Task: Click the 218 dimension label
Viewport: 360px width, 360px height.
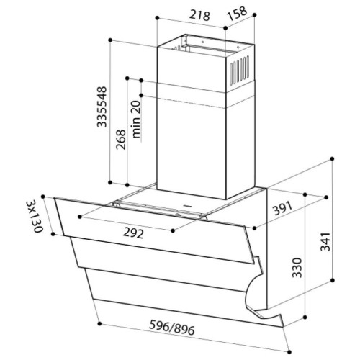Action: point(199,16)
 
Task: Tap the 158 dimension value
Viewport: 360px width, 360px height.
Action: point(237,14)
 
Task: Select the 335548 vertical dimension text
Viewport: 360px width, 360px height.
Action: point(102,107)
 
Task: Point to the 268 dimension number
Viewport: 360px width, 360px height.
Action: point(121,140)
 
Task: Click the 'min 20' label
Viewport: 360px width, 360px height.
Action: point(136,120)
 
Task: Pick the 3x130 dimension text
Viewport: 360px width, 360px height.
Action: point(35,216)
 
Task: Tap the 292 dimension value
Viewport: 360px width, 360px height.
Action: point(133,233)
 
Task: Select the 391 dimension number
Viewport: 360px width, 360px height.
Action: point(283,208)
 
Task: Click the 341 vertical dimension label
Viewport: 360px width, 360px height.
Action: point(325,241)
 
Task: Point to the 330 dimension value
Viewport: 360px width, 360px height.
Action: point(297,268)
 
